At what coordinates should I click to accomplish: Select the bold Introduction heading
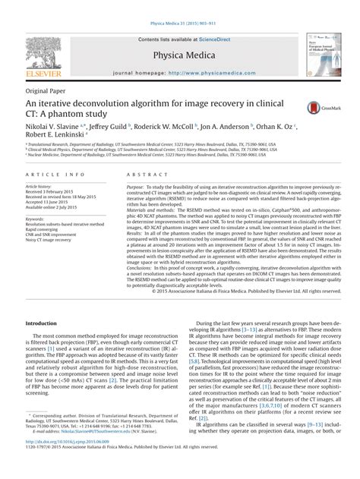[x=46, y=323]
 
